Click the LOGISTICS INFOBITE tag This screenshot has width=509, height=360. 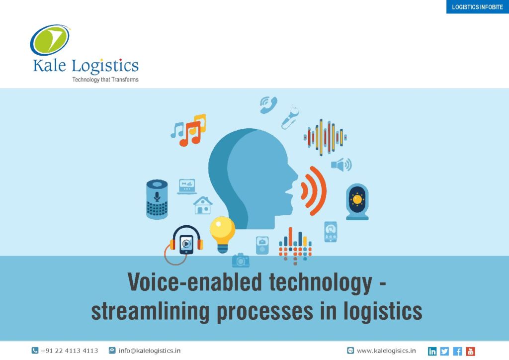[x=478, y=7]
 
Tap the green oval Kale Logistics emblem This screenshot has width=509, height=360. [x=50, y=40]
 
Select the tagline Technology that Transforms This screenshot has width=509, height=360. [x=105, y=80]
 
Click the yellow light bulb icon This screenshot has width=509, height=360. [x=222, y=234]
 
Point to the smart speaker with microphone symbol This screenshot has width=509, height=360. [x=157, y=199]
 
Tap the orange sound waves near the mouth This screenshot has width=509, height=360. [x=313, y=190]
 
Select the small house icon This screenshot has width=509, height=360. [x=203, y=205]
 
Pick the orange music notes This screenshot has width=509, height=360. [x=190, y=134]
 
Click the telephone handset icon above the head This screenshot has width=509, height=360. [x=269, y=105]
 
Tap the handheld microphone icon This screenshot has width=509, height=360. [x=290, y=117]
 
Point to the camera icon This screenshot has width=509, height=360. [x=241, y=261]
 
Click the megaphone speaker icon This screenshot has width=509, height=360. [x=341, y=165]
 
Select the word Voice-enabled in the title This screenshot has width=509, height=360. [x=194, y=282]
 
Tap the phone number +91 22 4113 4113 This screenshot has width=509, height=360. [x=69, y=351]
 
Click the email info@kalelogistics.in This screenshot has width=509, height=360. [x=149, y=351]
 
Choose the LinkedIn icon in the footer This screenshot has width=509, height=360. [x=432, y=351]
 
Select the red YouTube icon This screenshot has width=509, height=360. [x=470, y=351]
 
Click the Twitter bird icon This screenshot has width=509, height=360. [x=445, y=351]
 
